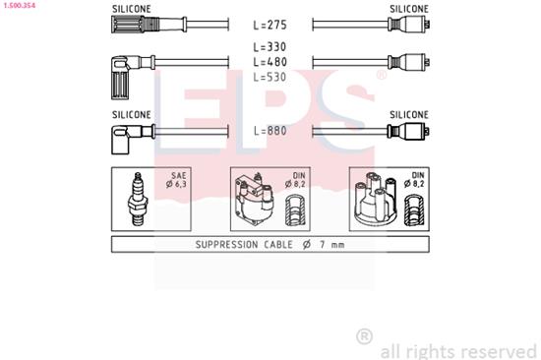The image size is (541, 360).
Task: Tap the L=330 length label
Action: (x=269, y=46)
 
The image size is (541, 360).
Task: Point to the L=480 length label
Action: (x=269, y=61)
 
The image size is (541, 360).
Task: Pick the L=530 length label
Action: (x=269, y=76)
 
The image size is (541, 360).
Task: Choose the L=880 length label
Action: (x=269, y=130)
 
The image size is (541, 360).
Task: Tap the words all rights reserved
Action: (x=458, y=350)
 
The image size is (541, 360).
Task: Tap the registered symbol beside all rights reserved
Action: (x=364, y=336)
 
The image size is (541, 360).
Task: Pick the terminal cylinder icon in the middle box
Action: (x=293, y=210)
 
